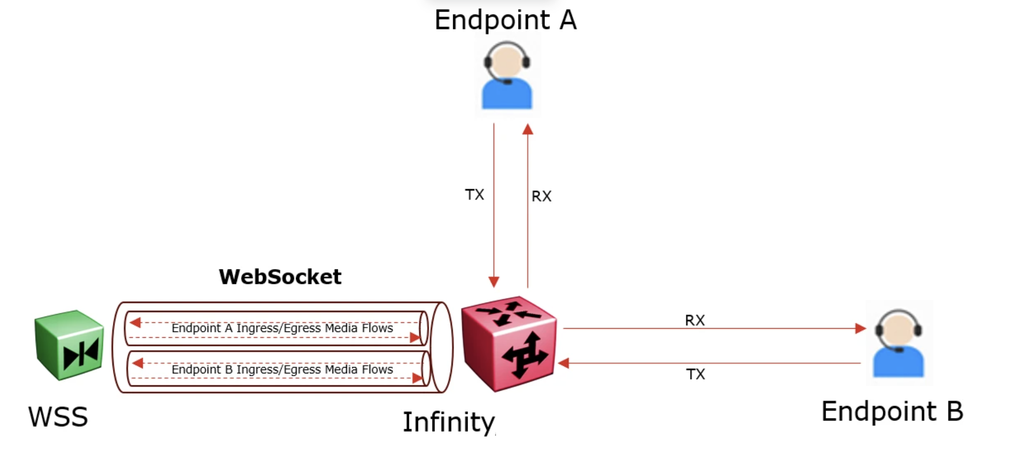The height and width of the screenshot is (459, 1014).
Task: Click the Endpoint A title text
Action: click(505, 20)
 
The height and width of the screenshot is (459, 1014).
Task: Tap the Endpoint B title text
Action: click(892, 411)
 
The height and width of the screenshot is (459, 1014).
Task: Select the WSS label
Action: click(58, 417)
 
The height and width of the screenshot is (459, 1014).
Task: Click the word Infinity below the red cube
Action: click(448, 422)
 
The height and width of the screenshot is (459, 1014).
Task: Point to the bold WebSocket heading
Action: click(280, 277)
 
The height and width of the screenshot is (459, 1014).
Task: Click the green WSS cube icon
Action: click(69, 345)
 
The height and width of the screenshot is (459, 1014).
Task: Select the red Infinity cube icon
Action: click(508, 344)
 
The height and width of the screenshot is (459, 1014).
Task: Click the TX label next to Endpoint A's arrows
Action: click(474, 195)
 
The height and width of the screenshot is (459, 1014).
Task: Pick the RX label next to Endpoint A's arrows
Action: click(541, 196)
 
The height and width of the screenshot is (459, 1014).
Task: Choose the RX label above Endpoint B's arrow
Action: click(694, 320)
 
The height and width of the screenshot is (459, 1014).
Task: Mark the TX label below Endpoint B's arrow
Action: click(695, 374)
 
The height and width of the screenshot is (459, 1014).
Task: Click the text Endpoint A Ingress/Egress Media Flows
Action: click(282, 328)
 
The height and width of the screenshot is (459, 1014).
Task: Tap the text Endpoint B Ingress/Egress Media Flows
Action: click(282, 370)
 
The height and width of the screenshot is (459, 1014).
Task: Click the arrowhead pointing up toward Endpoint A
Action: click(528, 129)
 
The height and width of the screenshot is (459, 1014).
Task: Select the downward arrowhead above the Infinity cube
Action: click(494, 281)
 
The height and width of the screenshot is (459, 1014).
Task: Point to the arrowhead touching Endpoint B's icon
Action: click(860, 329)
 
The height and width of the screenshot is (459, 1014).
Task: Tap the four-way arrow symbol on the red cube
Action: click(524, 356)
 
